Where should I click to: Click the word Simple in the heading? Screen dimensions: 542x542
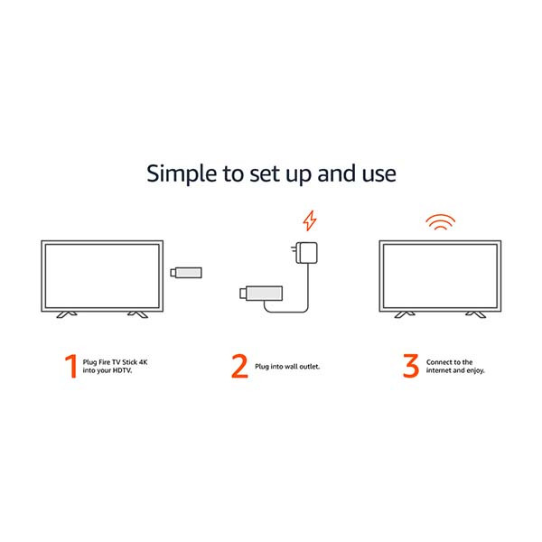(182, 173)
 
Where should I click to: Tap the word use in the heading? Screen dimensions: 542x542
(378, 174)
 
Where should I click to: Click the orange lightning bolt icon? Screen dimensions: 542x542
(310, 220)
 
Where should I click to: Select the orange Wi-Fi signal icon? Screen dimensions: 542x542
(440, 222)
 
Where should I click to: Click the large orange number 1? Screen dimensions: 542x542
(71, 366)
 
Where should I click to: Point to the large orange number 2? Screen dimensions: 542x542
(239, 366)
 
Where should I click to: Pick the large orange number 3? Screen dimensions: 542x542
(411, 366)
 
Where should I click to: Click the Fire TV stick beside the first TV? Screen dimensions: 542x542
(186, 273)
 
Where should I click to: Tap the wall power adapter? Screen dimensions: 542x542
(304, 253)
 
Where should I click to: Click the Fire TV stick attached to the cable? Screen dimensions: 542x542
(261, 294)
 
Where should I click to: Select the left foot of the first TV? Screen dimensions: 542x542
(66, 314)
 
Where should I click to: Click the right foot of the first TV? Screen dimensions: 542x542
(137, 314)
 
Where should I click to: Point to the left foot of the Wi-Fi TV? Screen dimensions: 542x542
(405, 314)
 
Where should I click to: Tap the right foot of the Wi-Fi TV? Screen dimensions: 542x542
(476, 314)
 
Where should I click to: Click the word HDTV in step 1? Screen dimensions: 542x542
(122, 370)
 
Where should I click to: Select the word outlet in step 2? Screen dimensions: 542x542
(309, 367)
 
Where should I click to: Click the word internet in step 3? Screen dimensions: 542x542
(438, 370)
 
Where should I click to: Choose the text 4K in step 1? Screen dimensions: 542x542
(143, 362)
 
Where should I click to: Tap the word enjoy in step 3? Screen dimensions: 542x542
(476, 371)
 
